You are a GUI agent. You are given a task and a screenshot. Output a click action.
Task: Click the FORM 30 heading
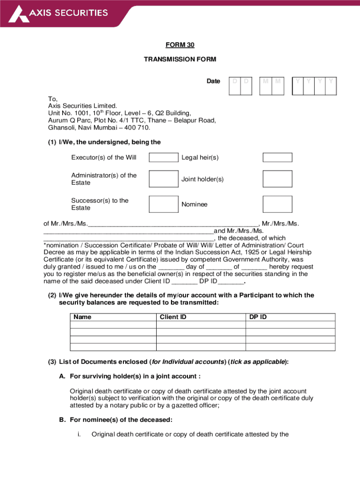coord(180,45)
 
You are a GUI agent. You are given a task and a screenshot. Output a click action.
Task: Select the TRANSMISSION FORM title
coord(180,59)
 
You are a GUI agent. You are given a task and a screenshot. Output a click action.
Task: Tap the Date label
coord(213,81)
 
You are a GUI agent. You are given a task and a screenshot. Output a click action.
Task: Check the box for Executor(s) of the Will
coord(163,158)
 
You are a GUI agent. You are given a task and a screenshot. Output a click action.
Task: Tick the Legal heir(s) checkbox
coord(277,158)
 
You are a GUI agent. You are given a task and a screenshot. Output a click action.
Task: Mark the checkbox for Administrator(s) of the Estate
coord(163,179)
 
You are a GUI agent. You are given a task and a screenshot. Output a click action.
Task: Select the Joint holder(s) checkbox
coord(277,179)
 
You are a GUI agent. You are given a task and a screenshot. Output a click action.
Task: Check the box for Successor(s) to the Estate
coord(163,204)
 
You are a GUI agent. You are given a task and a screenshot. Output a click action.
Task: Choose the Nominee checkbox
coord(277,204)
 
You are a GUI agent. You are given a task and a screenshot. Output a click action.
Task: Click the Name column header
coord(83,317)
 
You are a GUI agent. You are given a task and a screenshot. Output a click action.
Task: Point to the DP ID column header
coord(258,317)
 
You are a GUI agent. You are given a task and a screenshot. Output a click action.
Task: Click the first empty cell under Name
coord(113,325)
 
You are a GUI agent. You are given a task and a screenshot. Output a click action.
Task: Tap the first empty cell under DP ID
coord(290,325)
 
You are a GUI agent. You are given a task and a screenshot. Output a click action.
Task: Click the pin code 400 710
coord(139,128)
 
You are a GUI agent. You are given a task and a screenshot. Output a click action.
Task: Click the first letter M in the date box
coord(266,81)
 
